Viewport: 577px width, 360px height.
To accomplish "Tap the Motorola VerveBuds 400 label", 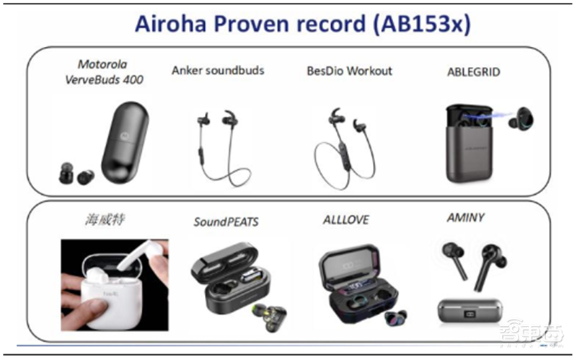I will [110, 73].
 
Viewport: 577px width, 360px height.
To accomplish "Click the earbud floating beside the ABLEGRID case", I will [517, 120].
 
